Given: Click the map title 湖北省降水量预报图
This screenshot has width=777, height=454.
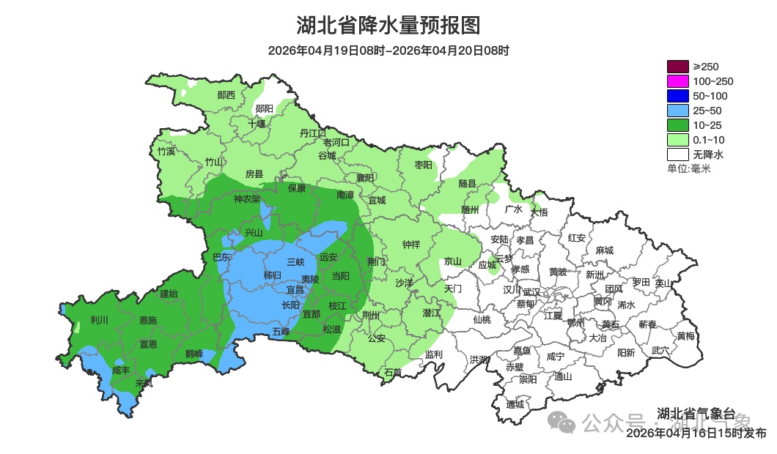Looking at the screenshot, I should [x=388, y=26].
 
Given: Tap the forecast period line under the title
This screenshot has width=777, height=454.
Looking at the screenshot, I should [x=388, y=51].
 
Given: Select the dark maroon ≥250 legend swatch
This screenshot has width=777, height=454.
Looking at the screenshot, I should [x=677, y=67].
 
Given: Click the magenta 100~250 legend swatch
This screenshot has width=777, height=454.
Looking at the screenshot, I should [x=677, y=81].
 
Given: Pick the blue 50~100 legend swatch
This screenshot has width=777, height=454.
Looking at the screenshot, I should [x=677, y=96].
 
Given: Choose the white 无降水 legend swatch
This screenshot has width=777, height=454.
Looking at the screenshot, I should [x=677, y=155].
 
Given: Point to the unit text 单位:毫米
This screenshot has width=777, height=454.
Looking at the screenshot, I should [x=688, y=169].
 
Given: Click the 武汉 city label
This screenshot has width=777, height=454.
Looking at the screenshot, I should [x=531, y=292].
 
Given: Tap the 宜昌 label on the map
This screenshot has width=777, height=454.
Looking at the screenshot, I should [x=275, y=291].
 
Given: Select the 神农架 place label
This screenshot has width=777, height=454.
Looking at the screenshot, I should [x=247, y=199].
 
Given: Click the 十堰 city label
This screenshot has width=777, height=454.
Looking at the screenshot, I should [x=257, y=124].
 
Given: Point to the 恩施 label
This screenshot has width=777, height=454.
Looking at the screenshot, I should [x=148, y=321].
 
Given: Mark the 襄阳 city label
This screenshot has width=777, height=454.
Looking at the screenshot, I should [x=365, y=178].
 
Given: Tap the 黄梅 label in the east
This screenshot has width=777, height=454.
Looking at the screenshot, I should [x=685, y=336].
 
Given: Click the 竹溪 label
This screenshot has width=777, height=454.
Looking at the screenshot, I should [x=166, y=152].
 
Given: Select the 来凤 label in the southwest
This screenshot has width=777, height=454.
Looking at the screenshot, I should [x=144, y=383].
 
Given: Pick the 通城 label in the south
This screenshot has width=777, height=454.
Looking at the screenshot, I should [x=515, y=404].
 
